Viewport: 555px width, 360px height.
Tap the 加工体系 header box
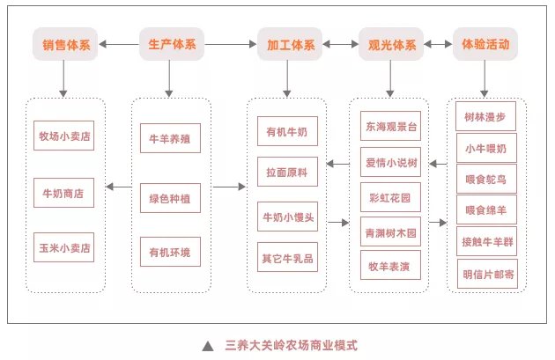pos(285,43)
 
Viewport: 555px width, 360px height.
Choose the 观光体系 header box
pos(389,43)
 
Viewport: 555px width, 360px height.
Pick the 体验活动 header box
pos(485,43)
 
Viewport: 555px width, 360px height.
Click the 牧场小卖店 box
pos(65,137)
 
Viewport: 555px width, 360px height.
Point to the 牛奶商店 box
pos(65,192)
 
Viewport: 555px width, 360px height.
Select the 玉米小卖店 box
pos(65,247)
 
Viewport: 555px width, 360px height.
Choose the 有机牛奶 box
pos(287,132)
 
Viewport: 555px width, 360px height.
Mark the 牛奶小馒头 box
pos(287,216)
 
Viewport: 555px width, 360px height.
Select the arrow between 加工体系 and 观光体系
pos(337,43)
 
